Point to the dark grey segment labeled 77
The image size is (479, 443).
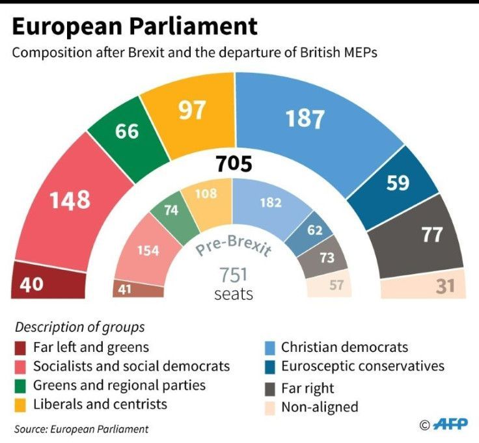418,238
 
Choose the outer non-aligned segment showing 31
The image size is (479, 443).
424,284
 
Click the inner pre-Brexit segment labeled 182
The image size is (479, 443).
269,208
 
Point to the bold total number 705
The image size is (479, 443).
234,164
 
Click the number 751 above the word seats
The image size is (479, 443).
234,275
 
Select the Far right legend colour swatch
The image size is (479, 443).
270,388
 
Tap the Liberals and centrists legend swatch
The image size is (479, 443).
20,405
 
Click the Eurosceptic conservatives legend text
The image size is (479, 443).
363,366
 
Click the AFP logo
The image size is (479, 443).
450,424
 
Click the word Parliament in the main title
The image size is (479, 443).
193,26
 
